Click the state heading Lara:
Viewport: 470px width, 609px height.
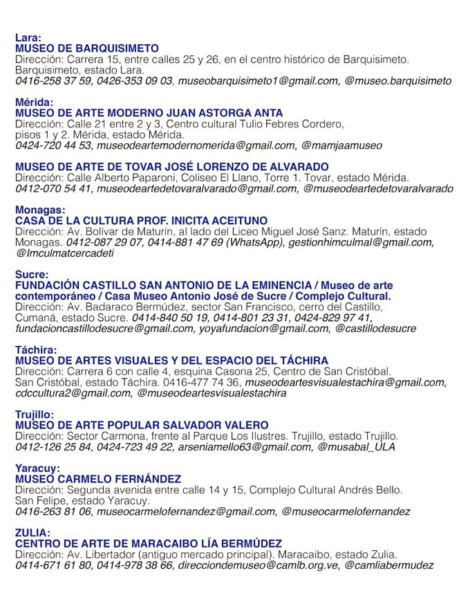pos(28,37)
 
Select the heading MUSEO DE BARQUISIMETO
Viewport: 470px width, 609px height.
pos(87,48)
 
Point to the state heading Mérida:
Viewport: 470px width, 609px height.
pos(34,102)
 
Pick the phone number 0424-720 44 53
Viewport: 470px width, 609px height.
pos(54,145)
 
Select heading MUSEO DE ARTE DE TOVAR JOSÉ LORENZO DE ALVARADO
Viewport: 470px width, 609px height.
pos(172,167)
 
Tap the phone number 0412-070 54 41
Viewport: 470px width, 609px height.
pos(54,188)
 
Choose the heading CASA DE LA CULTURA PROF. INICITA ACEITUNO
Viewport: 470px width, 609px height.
pos(142,221)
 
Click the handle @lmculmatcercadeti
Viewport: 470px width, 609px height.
pos(65,253)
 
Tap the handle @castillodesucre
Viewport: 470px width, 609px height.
pos(376,329)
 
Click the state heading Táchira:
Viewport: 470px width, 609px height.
pos(36,350)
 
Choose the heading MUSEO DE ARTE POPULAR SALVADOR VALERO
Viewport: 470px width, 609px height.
pos(142,425)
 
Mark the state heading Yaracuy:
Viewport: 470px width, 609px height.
pos(37,469)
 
